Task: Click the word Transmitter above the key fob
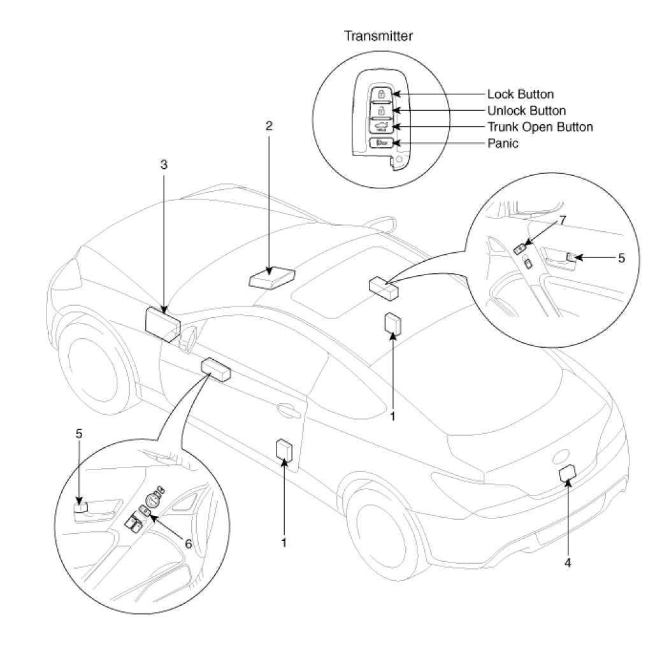pos(378,36)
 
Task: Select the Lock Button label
pos(520,95)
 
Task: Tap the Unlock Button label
pos(526,111)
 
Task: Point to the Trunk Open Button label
pos(540,127)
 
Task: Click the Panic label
pos(503,143)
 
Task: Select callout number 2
pos(269,125)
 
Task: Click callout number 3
pos(164,164)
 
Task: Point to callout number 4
pos(567,562)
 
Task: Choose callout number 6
pos(188,543)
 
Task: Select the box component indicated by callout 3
pos(162,325)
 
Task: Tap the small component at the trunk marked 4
pos(567,473)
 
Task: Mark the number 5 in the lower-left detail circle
pos(79,434)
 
